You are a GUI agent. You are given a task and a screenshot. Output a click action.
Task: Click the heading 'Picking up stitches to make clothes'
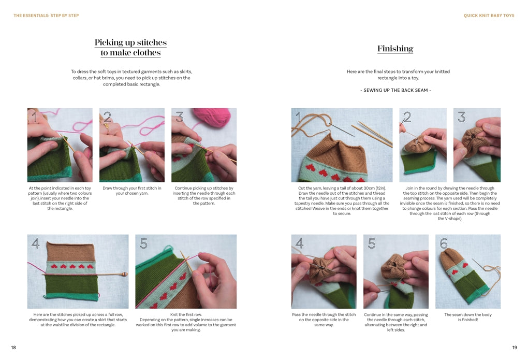tap(130, 48)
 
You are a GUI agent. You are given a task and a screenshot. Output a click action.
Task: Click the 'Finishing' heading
tap(395, 49)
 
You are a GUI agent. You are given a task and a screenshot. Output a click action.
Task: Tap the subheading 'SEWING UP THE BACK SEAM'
tap(395, 90)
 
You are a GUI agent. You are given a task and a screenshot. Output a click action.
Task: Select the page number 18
tap(13, 348)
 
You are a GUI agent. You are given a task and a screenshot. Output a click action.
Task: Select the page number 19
tap(514, 348)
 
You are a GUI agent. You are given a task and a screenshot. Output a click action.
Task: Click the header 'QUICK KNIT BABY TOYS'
tap(489, 16)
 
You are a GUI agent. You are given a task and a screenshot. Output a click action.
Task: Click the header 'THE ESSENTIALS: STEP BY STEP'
tap(46, 16)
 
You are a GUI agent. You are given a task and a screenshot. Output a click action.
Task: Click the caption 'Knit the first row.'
tap(186, 314)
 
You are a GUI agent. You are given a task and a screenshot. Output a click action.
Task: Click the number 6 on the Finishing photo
tap(444, 243)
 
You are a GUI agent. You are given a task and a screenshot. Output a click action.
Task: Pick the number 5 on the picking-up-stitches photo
tap(144, 243)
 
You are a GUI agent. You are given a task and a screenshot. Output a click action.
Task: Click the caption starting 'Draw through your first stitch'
tap(131, 191)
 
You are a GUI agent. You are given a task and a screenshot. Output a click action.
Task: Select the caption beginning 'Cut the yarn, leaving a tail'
tap(342, 200)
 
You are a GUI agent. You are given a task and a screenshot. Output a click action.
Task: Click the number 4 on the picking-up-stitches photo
tap(35, 243)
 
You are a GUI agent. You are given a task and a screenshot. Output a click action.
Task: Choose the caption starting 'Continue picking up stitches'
tap(204, 196)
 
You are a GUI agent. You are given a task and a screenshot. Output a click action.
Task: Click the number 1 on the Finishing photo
tap(298, 118)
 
